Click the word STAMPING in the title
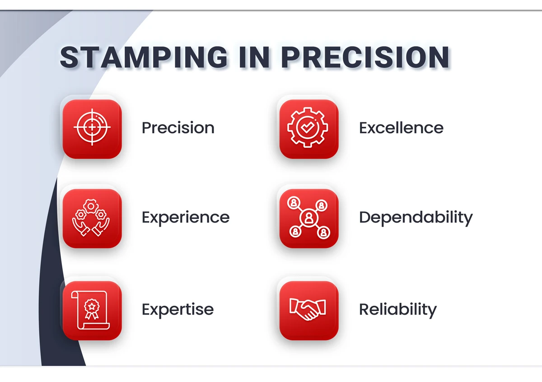point(144,57)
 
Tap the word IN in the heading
point(254,57)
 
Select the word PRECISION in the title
point(365,57)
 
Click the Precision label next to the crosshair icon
point(178,128)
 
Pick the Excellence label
point(401,128)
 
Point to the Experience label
point(186,218)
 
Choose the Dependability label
point(416,218)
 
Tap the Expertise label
point(178,310)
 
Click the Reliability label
point(398,310)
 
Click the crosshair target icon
point(92,127)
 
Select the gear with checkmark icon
point(308,127)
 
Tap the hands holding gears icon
point(91,218)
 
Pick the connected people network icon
point(309,218)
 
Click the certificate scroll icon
point(91,310)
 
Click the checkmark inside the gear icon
point(308,127)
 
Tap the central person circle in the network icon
point(309,218)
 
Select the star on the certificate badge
point(92,307)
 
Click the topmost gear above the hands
point(91,206)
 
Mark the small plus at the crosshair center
point(92,127)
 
